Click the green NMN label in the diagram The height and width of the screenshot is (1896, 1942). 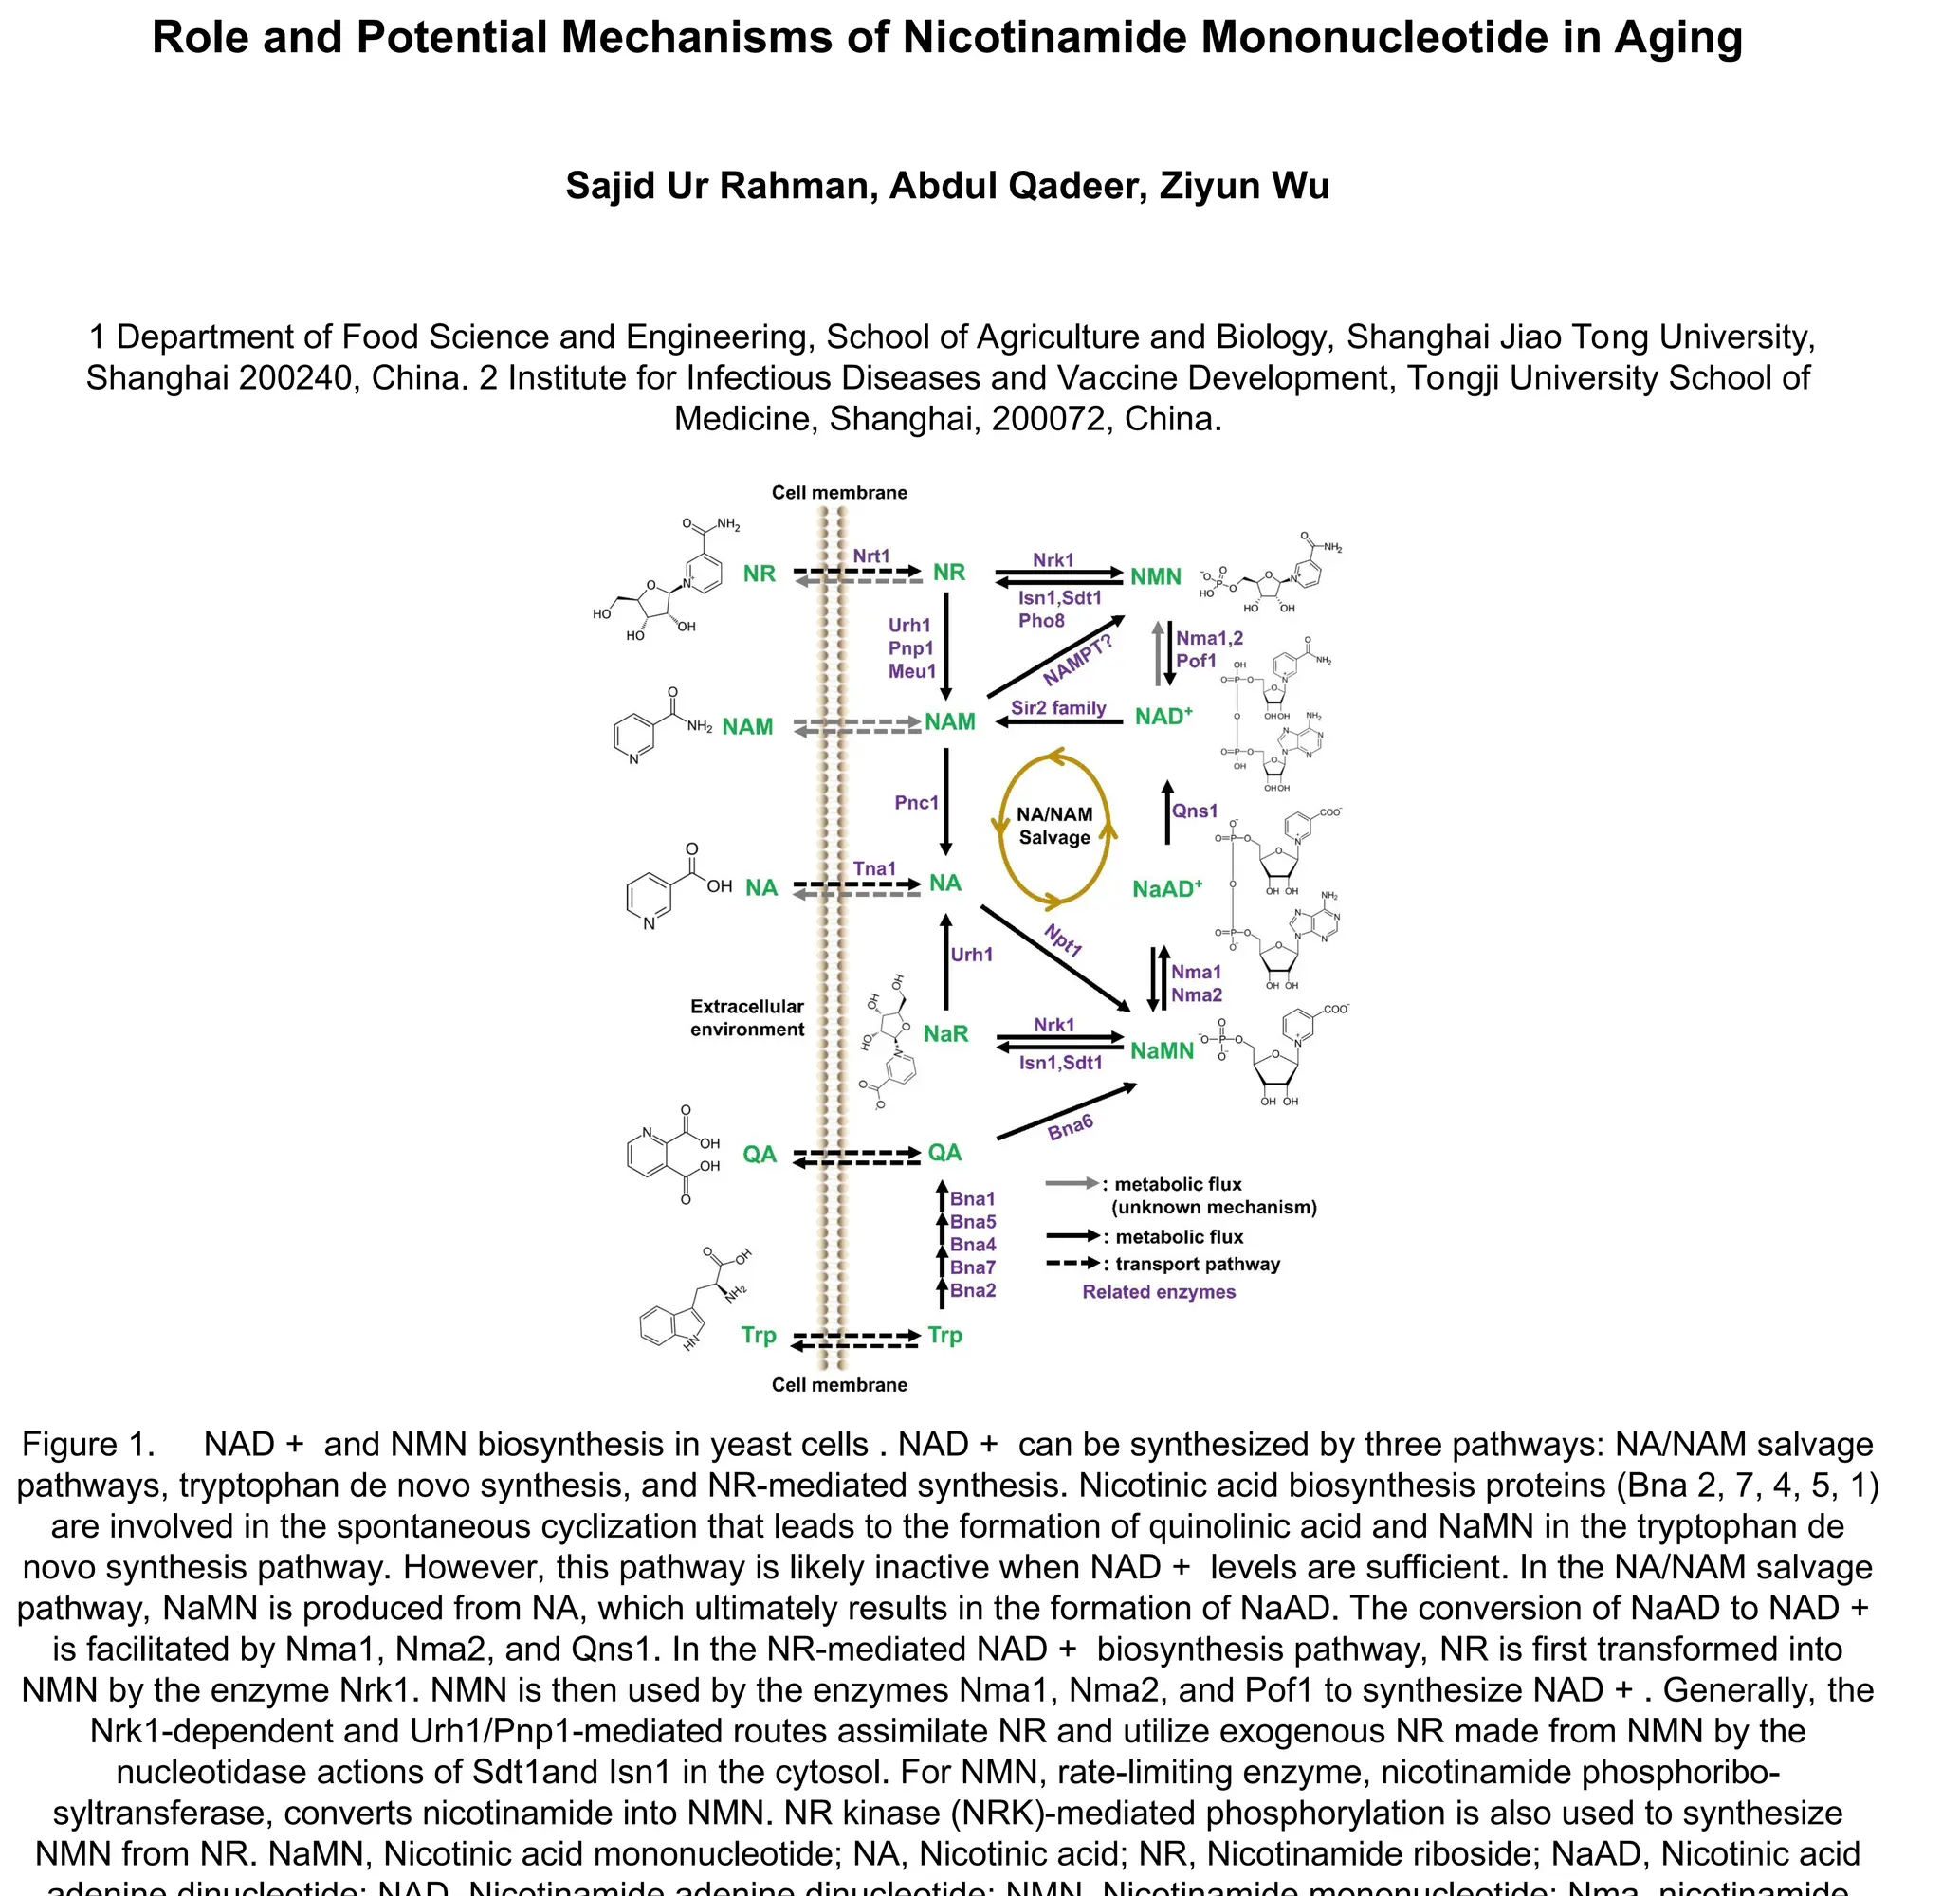click(x=1155, y=576)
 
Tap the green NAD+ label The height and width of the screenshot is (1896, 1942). click(x=1163, y=716)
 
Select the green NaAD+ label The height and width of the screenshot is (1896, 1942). click(x=1167, y=888)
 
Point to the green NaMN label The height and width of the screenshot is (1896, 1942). click(x=1162, y=1050)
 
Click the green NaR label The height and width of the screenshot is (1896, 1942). click(x=945, y=1033)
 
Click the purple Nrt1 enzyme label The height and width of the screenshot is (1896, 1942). click(x=870, y=556)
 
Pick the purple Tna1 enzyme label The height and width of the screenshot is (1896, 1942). click(x=873, y=868)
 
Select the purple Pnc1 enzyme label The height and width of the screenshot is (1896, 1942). click(x=916, y=803)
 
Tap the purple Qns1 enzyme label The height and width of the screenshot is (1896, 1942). click(x=1194, y=811)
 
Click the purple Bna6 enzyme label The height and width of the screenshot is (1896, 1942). click(x=1071, y=1127)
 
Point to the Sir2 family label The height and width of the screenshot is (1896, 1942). click(x=1057, y=708)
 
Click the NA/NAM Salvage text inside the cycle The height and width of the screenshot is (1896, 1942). click(x=1053, y=826)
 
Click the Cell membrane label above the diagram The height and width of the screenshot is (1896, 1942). click(x=838, y=492)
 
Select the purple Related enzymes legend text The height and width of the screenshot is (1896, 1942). click(x=1158, y=1291)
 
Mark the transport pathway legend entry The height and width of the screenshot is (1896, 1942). click(x=1196, y=1264)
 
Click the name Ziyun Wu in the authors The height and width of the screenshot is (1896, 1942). click(x=1244, y=186)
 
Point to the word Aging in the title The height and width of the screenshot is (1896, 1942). click(x=1678, y=38)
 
